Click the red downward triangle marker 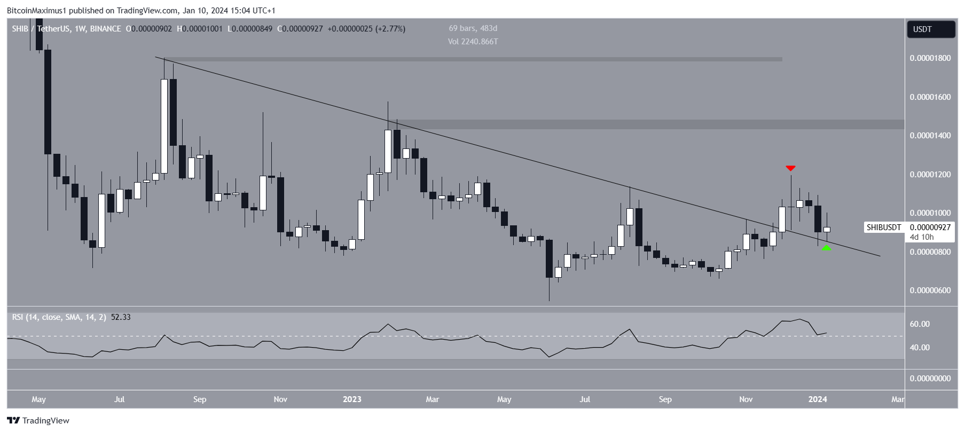coord(790,168)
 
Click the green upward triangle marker coord(826,248)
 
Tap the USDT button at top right coord(931,29)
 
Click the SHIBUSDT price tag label coord(883,227)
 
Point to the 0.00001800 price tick coord(930,58)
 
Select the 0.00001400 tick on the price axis coord(930,136)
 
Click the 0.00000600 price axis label coord(930,290)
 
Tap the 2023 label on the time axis coord(352,399)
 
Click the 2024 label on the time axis coord(818,399)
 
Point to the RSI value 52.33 coord(121,317)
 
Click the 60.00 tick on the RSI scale coord(920,324)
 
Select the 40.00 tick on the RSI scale coord(920,348)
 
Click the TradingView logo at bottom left coord(38,421)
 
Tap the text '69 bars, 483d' coord(473,28)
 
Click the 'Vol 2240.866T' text coord(473,42)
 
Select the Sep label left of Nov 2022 coord(200,399)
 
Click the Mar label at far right coord(898,399)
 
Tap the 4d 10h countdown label coord(922,237)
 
